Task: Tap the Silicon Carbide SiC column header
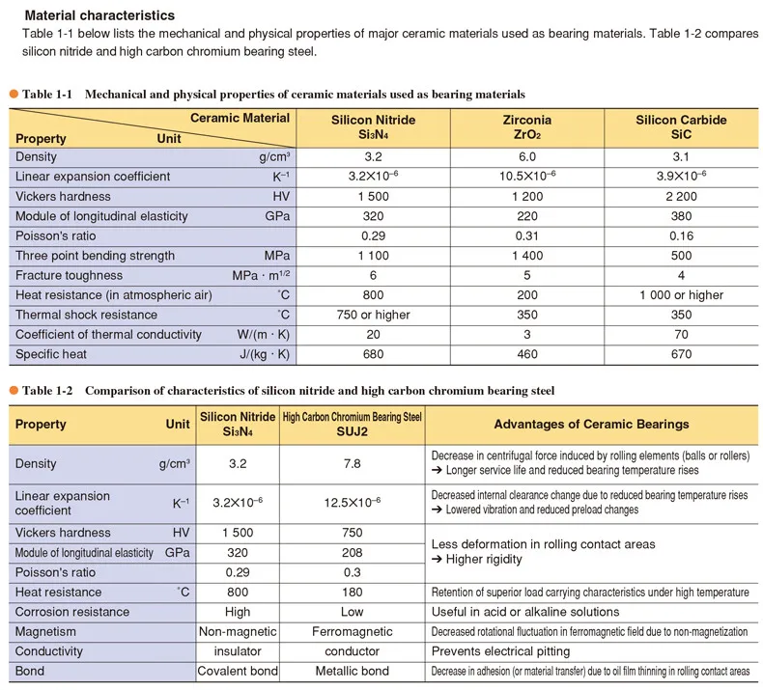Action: pyautogui.click(x=681, y=127)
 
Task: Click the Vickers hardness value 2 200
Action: pyautogui.click(x=681, y=196)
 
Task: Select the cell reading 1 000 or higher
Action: pyautogui.click(x=681, y=295)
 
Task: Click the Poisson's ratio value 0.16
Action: pyautogui.click(x=681, y=235)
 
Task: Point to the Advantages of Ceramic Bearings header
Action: pyautogui.click(x=591, y=424)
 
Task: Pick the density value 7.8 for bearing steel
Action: pyautogui.click(x=352, y=464)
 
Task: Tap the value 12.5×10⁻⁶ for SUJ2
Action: pyautogui.click(x=352, y=503)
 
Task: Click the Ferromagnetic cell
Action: pyautogui.click(x=352, y=631)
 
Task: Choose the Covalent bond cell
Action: pyautogui.click(x=238, y=671)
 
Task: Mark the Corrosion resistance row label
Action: pyautogui.click(x=72, y=612)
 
